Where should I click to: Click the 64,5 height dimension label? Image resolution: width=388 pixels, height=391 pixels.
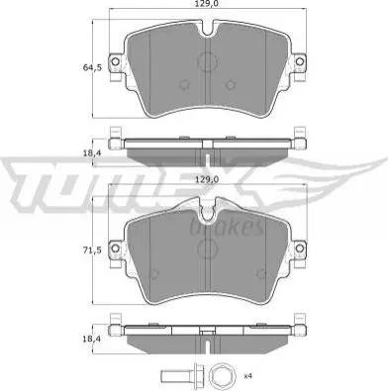pyautogui.click(x=91, y=68)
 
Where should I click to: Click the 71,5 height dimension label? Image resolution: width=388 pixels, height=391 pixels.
pyautogui.click(x=91, y=250)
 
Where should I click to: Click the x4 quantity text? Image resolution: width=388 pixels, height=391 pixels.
pyautogui.click(x=249, y=376)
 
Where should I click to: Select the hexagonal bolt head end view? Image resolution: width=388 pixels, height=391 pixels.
pyautogui.click(x=220, y=376)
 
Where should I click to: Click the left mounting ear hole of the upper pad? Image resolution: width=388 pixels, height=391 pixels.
pyautogui.click(x=115, y=61)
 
